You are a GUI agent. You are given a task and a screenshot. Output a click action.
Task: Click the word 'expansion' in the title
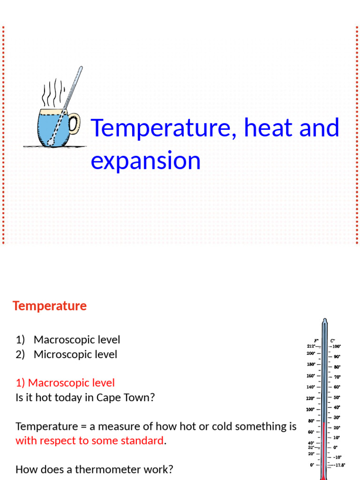[x=145, y=160]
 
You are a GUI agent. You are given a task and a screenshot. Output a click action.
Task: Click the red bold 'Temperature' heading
[x=50, y=306]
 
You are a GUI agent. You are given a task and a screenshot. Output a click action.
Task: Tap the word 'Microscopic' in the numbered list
[x=61, y=354]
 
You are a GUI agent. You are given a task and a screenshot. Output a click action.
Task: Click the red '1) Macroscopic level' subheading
[x=65, y=383]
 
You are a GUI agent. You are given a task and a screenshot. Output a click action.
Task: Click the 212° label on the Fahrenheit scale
[x=311, y=346]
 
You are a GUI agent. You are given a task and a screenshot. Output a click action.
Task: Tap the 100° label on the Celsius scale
[x=337, y=346]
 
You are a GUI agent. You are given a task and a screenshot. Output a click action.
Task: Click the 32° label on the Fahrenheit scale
[x=311, y=447]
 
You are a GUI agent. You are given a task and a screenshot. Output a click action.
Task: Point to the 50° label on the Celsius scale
[x=337, y=397]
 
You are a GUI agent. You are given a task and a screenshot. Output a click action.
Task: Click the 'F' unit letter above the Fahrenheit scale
[x=316, y=340]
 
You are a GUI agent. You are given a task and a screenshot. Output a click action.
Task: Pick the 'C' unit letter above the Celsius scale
[x=332, y=340]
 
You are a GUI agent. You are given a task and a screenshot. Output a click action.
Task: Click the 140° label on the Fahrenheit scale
[x=311, y=387]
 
